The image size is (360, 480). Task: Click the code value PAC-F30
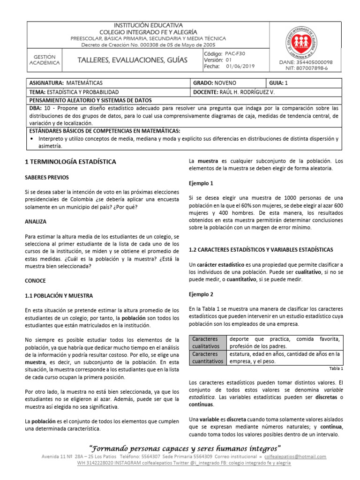click(x=235, y=54)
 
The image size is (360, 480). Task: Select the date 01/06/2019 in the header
click(x=240, y=67)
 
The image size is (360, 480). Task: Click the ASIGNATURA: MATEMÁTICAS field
click(x=66, y=82)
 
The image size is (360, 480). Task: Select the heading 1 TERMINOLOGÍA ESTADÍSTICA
click(x=70, y=162)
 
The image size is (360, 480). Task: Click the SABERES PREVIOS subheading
click(x=46, y=178)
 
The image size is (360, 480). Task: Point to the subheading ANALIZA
click(x=35, y=221)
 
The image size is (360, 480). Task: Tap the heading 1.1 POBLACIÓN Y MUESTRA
click(x=59, y=296)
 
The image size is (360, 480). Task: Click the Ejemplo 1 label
click(x=201, y=183)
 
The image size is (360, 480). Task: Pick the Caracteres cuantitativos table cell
click(x=206, y=358)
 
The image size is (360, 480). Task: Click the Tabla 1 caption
click(x=336, y=369)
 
